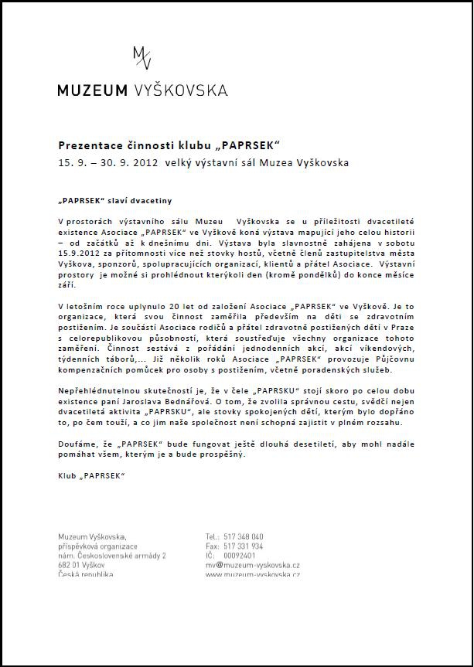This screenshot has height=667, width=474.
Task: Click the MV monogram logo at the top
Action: [x=142, y=57]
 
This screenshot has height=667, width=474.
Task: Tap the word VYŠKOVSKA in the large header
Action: [x=179, y=90]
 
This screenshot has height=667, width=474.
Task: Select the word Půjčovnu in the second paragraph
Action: [x=392, y=360]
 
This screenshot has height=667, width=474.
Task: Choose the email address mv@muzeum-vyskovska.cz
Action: [x=253, y=565]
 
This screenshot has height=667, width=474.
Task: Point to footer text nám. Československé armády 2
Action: [x=112, y=556]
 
